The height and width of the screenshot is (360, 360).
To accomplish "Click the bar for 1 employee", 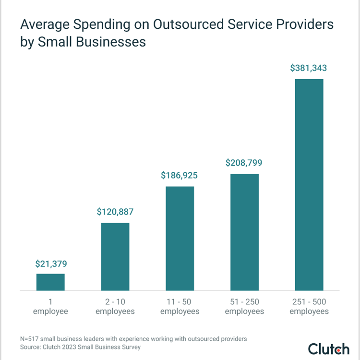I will tap(50, 282).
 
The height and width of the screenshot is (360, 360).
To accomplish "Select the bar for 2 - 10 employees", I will tap(115, 257).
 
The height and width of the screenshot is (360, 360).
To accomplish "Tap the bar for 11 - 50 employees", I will tap(180, 239).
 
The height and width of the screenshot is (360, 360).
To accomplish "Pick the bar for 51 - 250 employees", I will tap(244, 232).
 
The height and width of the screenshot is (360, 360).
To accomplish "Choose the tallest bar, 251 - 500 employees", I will tap(309, 185).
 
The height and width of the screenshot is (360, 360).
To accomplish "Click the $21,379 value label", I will tap(51, 264).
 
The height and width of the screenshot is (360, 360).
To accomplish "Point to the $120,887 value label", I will tap(115, 212).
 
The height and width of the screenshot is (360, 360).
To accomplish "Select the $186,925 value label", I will tap(180, 176).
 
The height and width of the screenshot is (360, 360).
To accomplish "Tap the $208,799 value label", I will tap(244, 163).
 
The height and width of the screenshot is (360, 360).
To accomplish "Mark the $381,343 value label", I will tap(309, 68).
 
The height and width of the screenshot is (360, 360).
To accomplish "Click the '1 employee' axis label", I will tap(50, 306).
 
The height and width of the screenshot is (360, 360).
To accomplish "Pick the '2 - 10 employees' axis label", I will tap(115, 306).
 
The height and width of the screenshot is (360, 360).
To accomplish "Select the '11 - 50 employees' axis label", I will tap(180, 306).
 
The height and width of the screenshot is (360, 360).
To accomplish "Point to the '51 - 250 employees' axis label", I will tap(244, 306).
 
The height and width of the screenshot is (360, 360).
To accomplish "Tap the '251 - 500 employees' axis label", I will tap(309, 306).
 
